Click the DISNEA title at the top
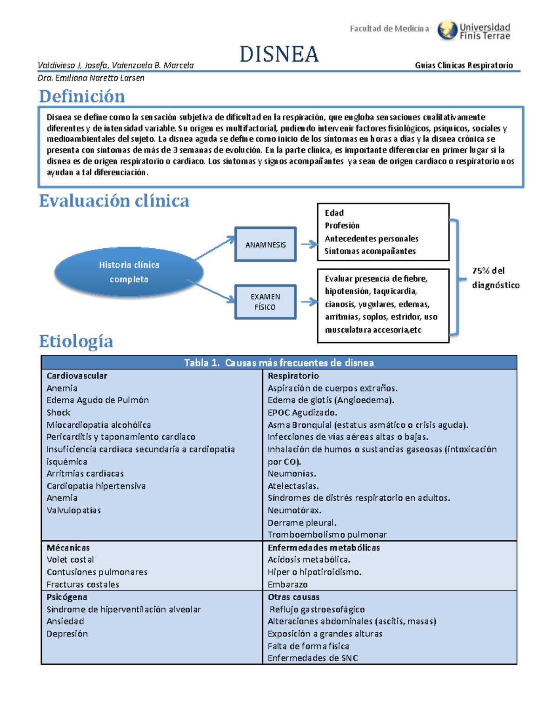tap(279, 54)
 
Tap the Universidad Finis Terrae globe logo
tap(447, 30)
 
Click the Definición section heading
tap(82, 96)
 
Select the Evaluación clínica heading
tap(114, 201)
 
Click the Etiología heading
tap(76, 341)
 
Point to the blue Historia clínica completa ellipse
tap(129, 272)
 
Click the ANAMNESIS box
tap(266, 245)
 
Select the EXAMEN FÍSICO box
tap(266, 302)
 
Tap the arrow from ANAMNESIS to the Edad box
tap(309, 244)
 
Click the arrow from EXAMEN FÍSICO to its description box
tap(309, 302)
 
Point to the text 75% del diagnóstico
tap(496, 278)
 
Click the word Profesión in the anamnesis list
tap(342, 225)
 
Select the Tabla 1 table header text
tap(279, 363)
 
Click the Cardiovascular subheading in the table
tap(77, 376)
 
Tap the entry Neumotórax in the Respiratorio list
tap(294, 510)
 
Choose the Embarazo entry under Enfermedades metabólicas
tap(287, 584)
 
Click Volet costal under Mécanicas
tap(70, 560)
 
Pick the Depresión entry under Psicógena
tap(67, 634)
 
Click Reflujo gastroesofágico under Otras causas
tap(317, 609)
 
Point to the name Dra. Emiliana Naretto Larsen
tap(91, 78)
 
